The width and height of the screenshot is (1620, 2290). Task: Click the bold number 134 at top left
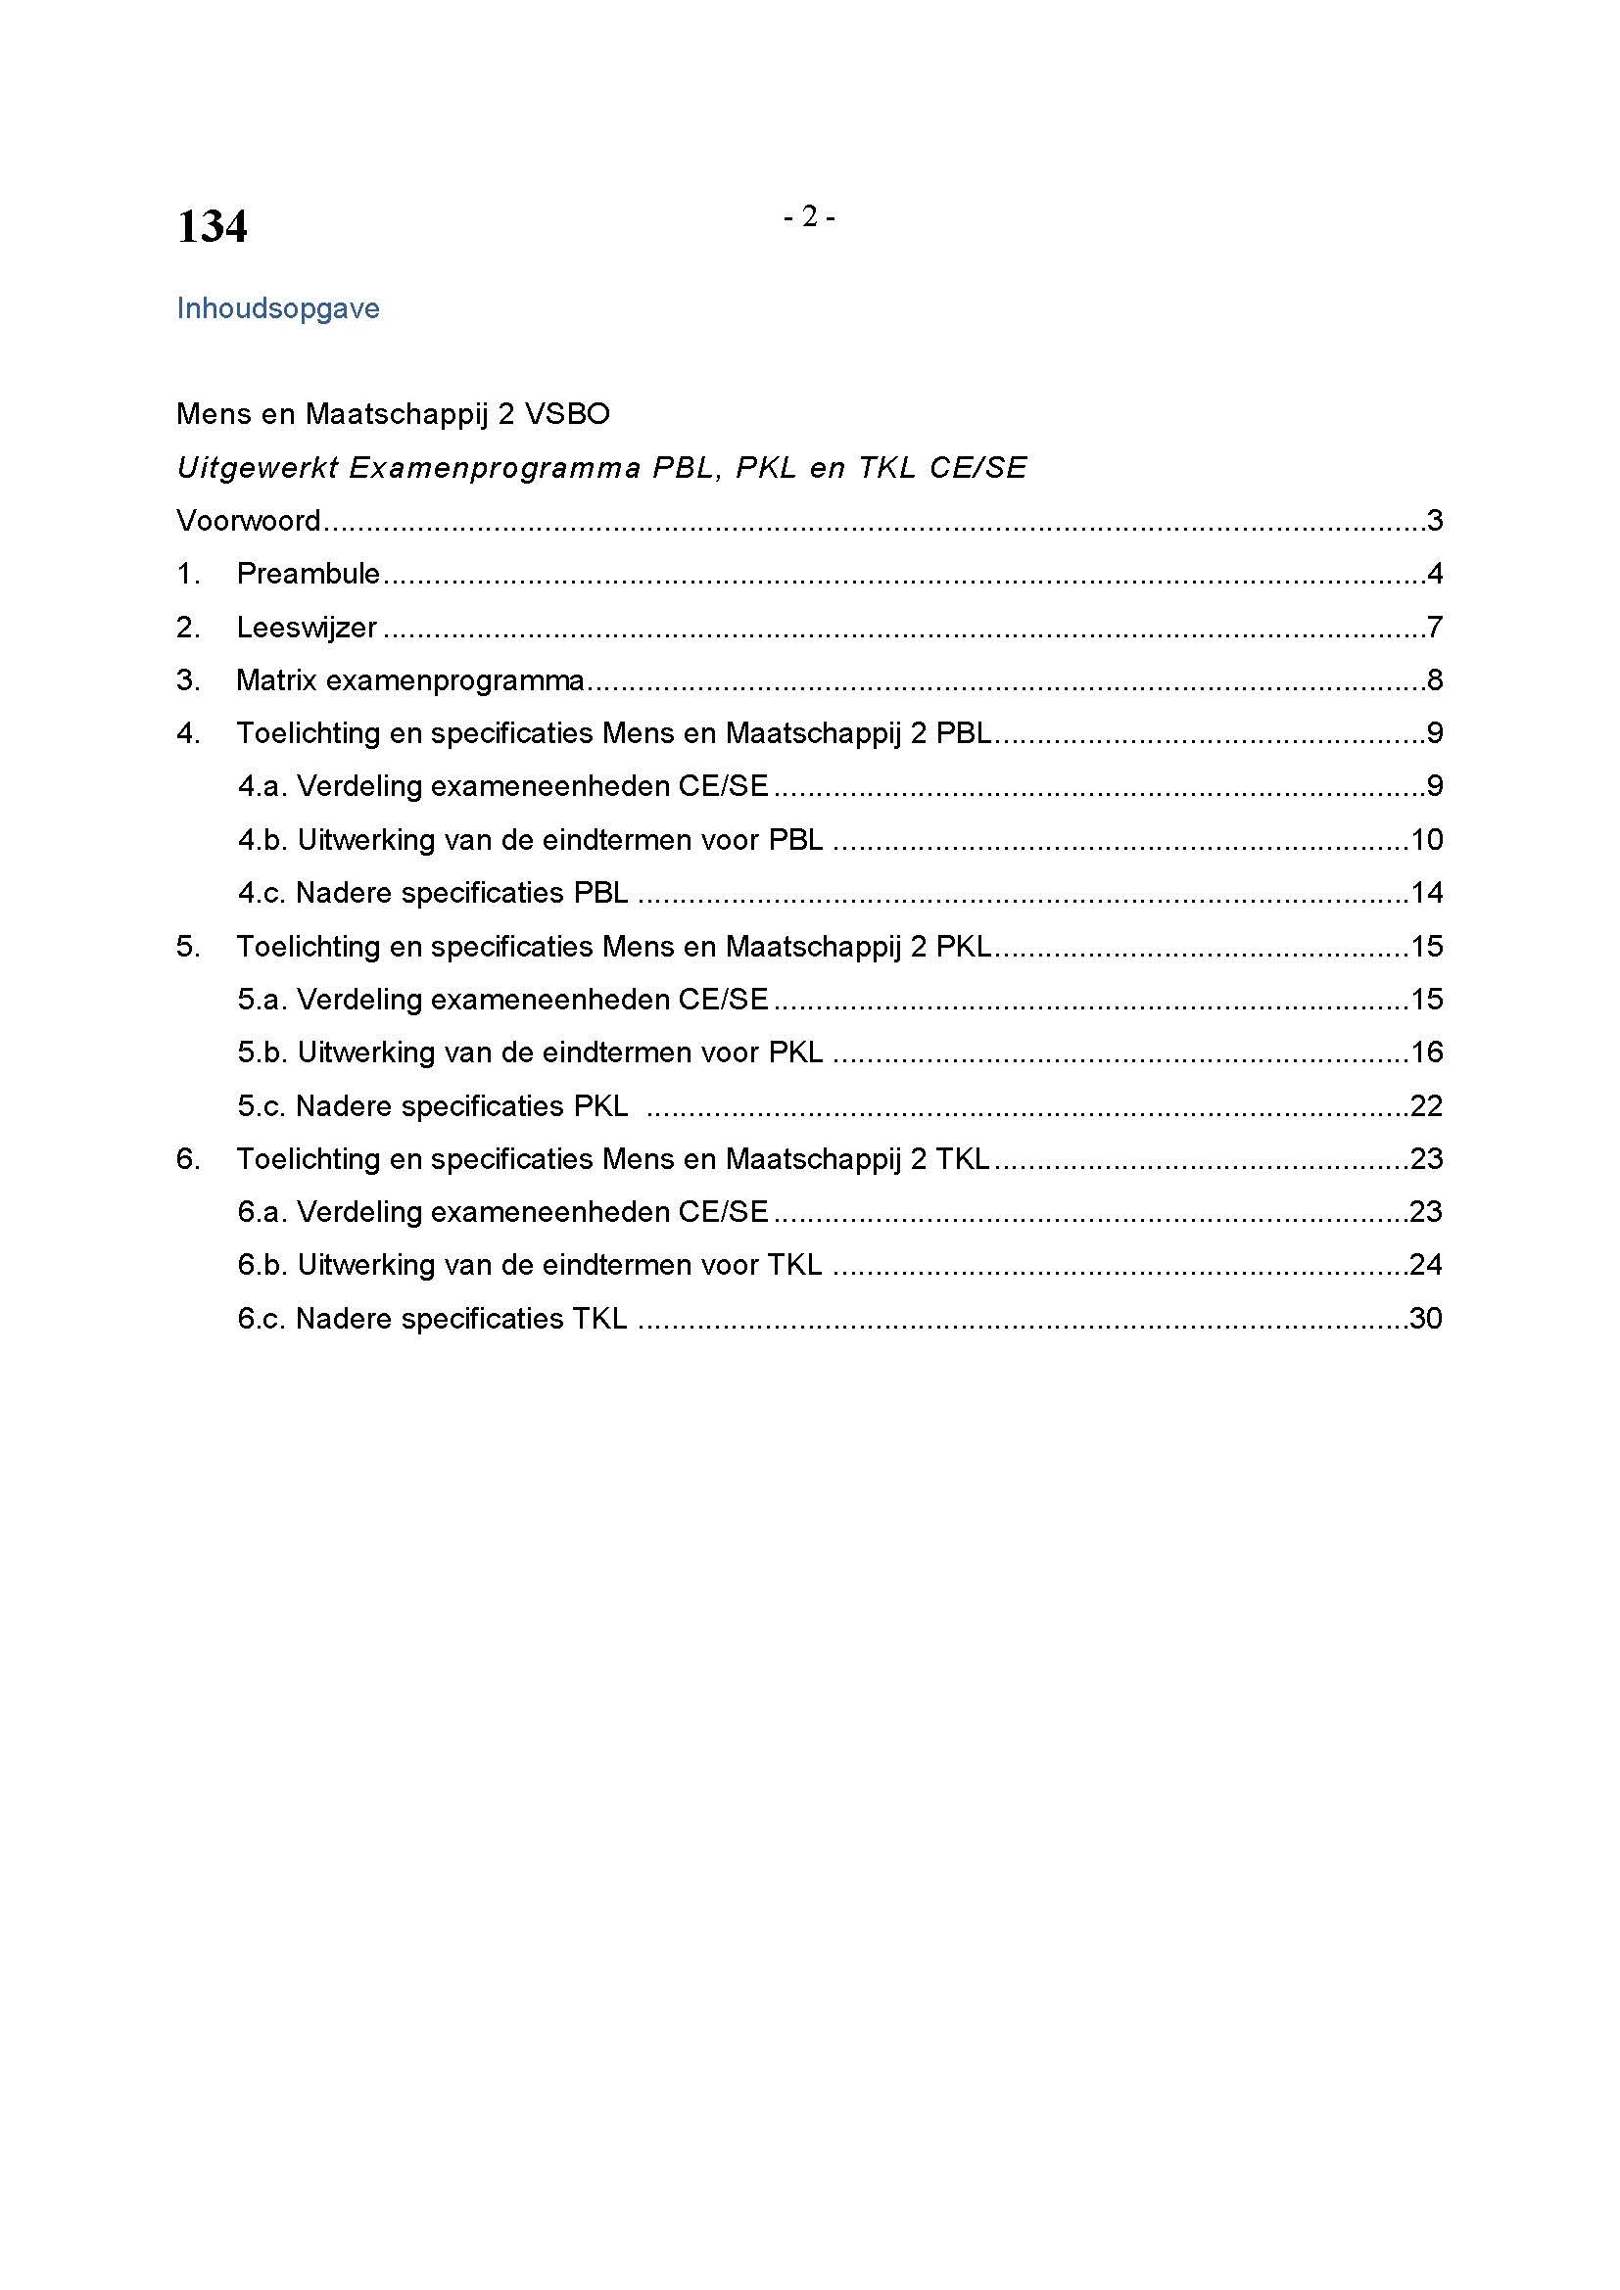click(212, 226)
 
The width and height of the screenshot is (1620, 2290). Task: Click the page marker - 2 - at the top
click(809, 216)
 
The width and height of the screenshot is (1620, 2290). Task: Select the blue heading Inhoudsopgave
click(277, 308)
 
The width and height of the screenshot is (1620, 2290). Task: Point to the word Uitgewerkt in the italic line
click(258, 468)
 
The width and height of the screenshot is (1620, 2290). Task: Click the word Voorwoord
click(249, 521)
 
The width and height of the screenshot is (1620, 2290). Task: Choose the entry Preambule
click(309, 574)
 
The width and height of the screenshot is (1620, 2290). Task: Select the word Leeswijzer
click(307, 628)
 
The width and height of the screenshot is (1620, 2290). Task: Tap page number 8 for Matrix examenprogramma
click(1435, 680)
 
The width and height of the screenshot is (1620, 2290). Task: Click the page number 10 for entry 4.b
click(1426, 840)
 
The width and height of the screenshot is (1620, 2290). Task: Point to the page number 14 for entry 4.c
click(1426, 893)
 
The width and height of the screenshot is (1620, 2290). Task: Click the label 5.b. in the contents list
click(262, 1052)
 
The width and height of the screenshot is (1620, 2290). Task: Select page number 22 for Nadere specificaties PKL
click(1426, 1106)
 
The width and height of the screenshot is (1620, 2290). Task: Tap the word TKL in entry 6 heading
click(963, 1159)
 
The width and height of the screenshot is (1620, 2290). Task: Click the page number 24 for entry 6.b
click(1426, 1265)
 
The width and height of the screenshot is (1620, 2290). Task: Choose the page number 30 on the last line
click(1426, 1319)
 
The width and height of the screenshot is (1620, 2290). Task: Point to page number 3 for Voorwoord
click(1435, 521)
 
